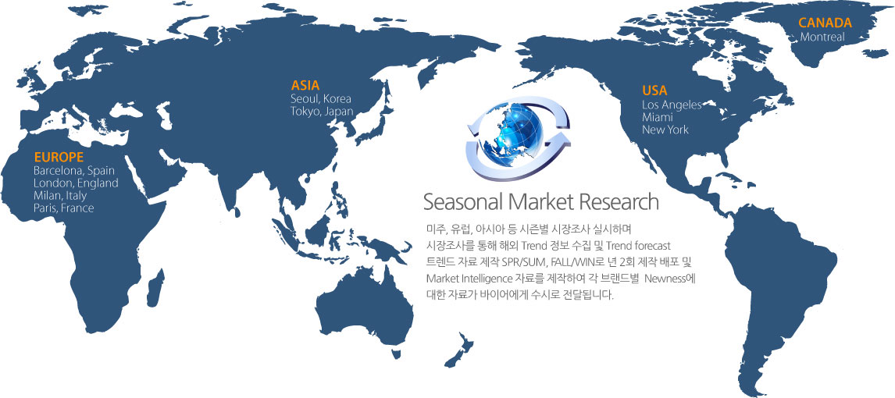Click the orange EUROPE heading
(x=59, y=157)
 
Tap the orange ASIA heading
(x=305, y=86)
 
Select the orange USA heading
(x=654, y=91)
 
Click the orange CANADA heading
(x=825, y=23)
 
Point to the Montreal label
(x=822, y=37)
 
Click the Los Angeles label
(x=672, y=105)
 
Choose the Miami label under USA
(x=658, y=118)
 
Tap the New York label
(x=665, y=130)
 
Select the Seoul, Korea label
(x=321, y=98)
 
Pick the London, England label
(x=76, y=183)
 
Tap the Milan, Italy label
(x=60, y=196)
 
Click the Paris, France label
(x=64, y=208)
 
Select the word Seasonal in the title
(x=462, y=202)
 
